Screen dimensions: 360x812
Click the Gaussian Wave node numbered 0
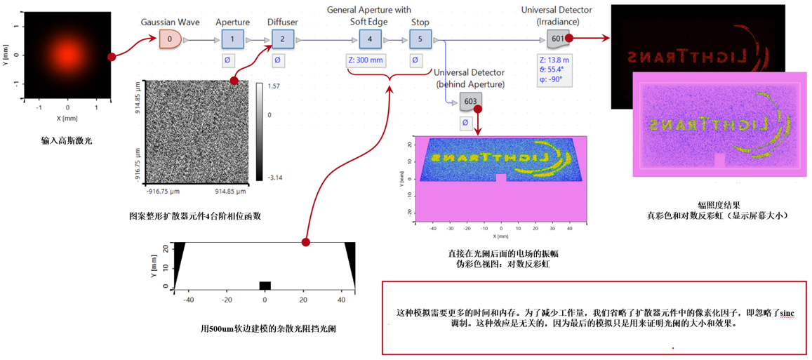click(169, 39)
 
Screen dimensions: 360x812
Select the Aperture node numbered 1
click(232, 39)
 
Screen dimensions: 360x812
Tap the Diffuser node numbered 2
click(282, 39)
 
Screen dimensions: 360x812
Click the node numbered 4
click(370, 39)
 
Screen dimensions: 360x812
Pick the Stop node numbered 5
click(420, 39)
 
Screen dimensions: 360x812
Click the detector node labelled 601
click(557, 39)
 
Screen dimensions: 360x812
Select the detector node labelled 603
click(470, 102)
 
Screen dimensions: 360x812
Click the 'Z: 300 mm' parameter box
click(366, 60)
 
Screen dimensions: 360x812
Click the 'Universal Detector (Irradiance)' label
click(557, 16)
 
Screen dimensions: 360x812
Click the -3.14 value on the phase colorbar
click(275, 179)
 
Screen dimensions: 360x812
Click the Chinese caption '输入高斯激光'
click(67, 141)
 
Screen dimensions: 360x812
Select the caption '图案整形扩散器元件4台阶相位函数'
click(195, 216)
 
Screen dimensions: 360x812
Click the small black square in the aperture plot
click(265, 285)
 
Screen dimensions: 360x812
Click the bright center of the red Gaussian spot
click(67, 55)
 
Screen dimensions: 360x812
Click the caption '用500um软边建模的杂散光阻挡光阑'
click(268, 328)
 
